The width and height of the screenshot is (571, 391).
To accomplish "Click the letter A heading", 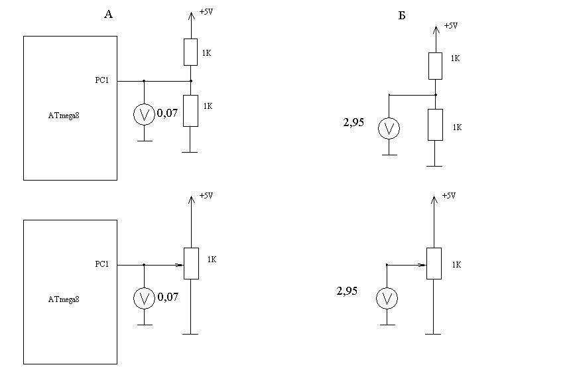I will [109, 14].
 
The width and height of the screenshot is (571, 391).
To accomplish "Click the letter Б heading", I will [402, 15].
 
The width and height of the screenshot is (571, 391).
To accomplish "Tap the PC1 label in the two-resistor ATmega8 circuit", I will [102, 80].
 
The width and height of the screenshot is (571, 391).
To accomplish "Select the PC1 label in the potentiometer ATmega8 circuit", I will [102, 264].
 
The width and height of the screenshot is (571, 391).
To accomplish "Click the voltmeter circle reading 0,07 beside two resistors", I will [143, 115].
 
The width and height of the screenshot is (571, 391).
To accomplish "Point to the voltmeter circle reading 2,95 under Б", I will [389, 128].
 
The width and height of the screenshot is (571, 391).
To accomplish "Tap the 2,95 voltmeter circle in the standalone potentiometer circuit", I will [387, 299].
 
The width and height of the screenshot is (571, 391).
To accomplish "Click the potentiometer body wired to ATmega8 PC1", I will [190, 264].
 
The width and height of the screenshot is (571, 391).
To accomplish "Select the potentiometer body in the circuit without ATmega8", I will [434, 264].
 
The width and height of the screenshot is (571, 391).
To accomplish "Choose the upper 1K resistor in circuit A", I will [190, 52].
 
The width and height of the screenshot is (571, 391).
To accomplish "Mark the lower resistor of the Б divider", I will [435, 125].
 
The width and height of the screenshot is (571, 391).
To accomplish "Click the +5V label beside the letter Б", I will [450, 26].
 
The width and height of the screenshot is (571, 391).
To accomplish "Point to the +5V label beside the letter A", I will [206, 12].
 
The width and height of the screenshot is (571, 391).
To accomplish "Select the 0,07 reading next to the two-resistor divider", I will [168, 114].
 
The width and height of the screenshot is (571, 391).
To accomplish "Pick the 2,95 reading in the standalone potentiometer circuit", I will [348, 291].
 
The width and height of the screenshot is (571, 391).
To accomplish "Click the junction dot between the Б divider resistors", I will [435, 95].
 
